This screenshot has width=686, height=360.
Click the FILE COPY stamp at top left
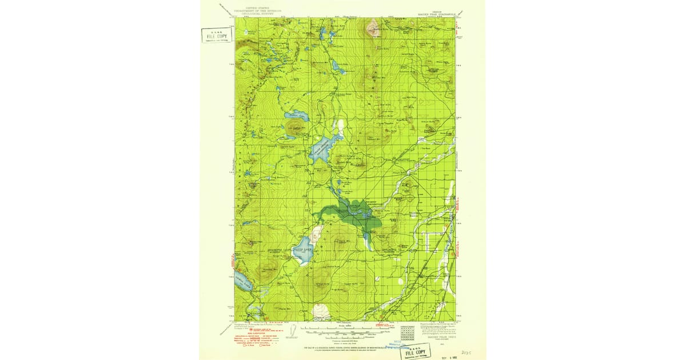pos(216,35)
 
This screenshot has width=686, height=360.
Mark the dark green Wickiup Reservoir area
pos(352,211)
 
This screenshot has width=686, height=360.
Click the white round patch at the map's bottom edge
pos(321,312)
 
